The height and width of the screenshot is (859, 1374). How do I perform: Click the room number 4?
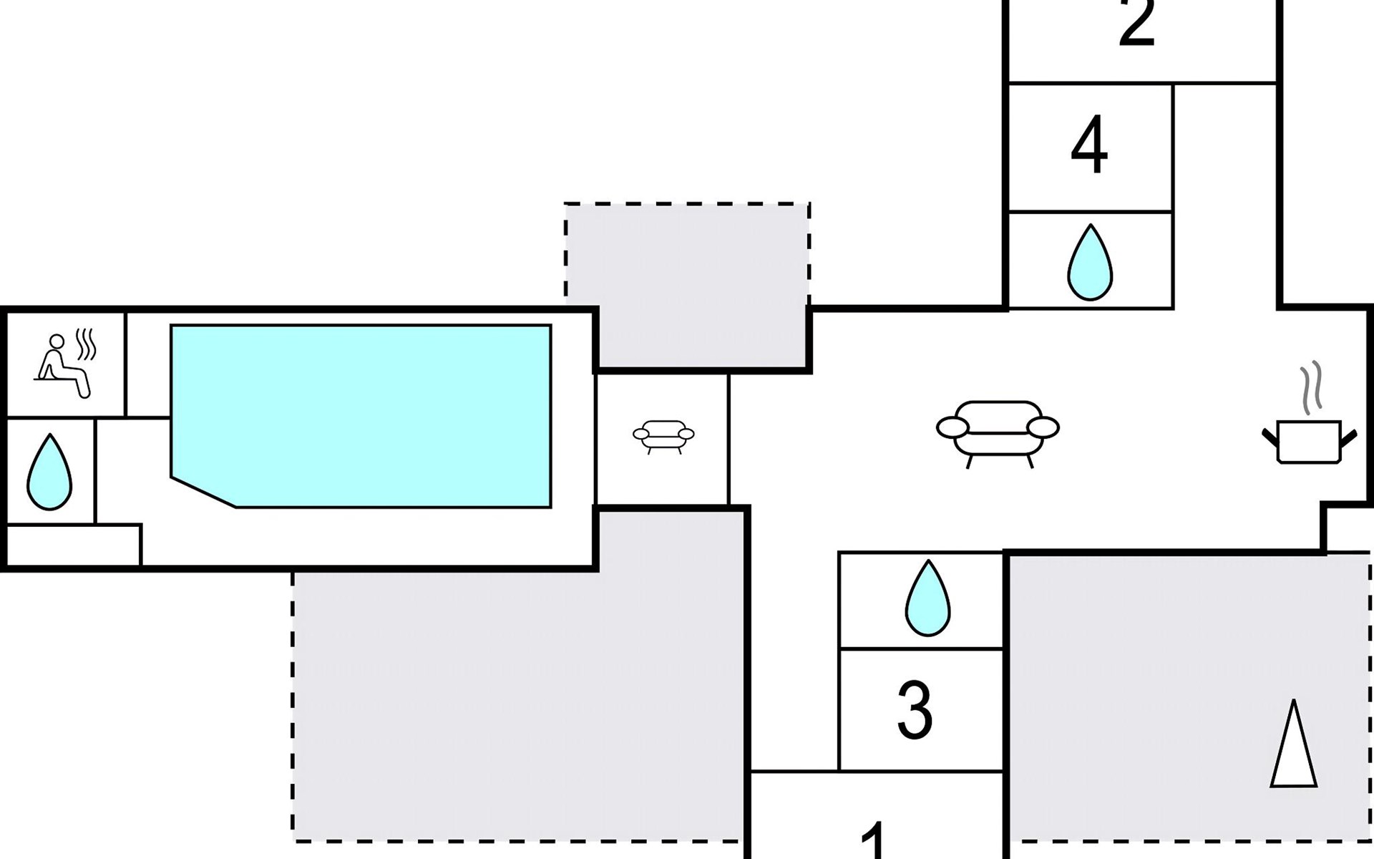(x=1089, y=146)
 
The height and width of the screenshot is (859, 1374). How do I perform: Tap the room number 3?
(x=915, y=710)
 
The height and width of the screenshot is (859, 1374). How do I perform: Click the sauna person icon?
(x=63, y=366)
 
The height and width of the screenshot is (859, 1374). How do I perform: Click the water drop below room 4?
(x=1090, y=263)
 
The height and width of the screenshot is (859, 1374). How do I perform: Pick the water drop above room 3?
(x=927, y=598)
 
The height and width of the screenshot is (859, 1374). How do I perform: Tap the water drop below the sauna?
(x=49, y=472)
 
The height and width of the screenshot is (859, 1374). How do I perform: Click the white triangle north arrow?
(x=1293, y=746)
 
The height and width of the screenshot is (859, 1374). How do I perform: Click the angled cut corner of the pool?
(x=203, y=492)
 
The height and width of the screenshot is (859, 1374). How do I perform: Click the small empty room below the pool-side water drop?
(x=73, y=545)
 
